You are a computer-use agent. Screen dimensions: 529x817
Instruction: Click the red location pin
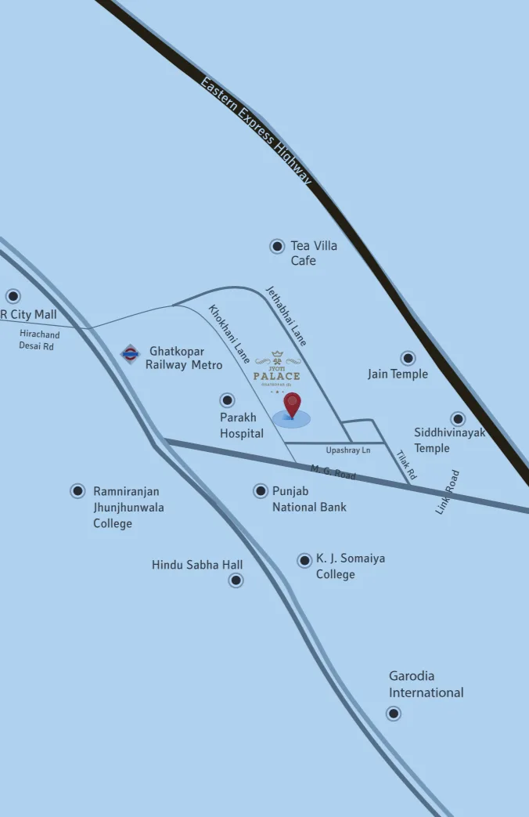[292, 405]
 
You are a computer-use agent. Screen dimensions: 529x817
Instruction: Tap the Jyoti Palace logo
[277, 371]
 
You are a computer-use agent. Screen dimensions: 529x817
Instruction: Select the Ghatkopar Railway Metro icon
[130, 354]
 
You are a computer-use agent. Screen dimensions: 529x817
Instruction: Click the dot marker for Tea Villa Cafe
[277, 246]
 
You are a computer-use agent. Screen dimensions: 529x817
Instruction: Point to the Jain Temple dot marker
[408, 358]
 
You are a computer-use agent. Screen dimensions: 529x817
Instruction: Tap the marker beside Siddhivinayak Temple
[458, 419]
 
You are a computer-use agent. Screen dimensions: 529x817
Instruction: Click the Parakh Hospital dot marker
[228, 400]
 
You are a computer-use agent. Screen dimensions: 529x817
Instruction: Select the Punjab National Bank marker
[261, 491]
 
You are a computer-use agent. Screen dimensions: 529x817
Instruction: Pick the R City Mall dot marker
[13, 296]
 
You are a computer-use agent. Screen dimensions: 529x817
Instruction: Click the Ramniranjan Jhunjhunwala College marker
[77, 491]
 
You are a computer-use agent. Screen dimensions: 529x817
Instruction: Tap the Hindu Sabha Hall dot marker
[236, 580]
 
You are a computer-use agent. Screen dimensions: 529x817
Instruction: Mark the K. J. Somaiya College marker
[304, 560]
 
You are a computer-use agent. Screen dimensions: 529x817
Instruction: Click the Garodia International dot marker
[394, 714]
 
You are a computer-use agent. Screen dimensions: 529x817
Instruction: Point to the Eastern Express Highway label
[256, 130]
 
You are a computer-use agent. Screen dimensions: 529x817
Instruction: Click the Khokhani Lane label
[229, 334]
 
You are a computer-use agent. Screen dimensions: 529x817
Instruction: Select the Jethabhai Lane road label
[286, 316]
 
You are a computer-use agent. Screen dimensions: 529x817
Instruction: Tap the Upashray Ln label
[348, 450]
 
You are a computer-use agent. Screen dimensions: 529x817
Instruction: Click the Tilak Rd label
[406, 465]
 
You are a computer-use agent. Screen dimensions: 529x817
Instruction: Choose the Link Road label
[448, 492]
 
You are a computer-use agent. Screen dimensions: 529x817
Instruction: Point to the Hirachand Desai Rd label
[38, 340]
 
